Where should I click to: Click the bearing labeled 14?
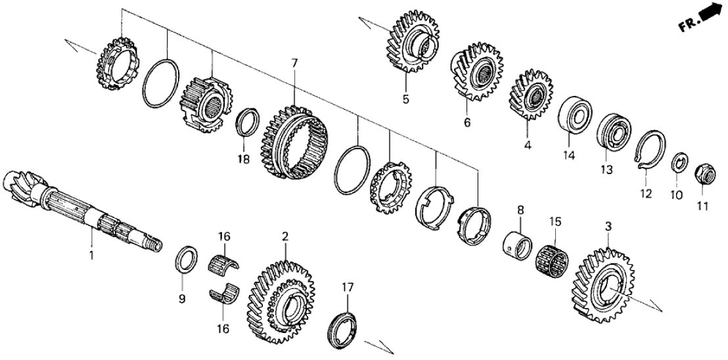point(576,117)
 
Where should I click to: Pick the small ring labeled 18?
point(247,122)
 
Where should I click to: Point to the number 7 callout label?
point(294,63)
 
